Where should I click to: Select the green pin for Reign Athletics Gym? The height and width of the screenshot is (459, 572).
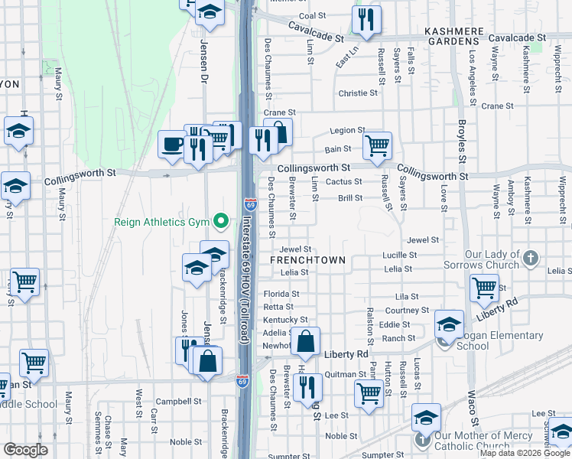coord(222,222)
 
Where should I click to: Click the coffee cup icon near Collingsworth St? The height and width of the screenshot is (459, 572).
coord(172,144)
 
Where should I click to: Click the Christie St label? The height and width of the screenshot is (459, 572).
coord(358,93)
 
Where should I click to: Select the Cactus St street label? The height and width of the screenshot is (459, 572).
coord(343,181)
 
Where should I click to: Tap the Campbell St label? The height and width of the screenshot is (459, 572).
coord(178,401)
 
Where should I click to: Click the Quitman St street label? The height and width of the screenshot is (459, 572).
coord(346,374)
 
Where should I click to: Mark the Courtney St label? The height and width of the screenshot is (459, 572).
coord(408,311)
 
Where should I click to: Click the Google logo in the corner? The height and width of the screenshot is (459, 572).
coord(25,450)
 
